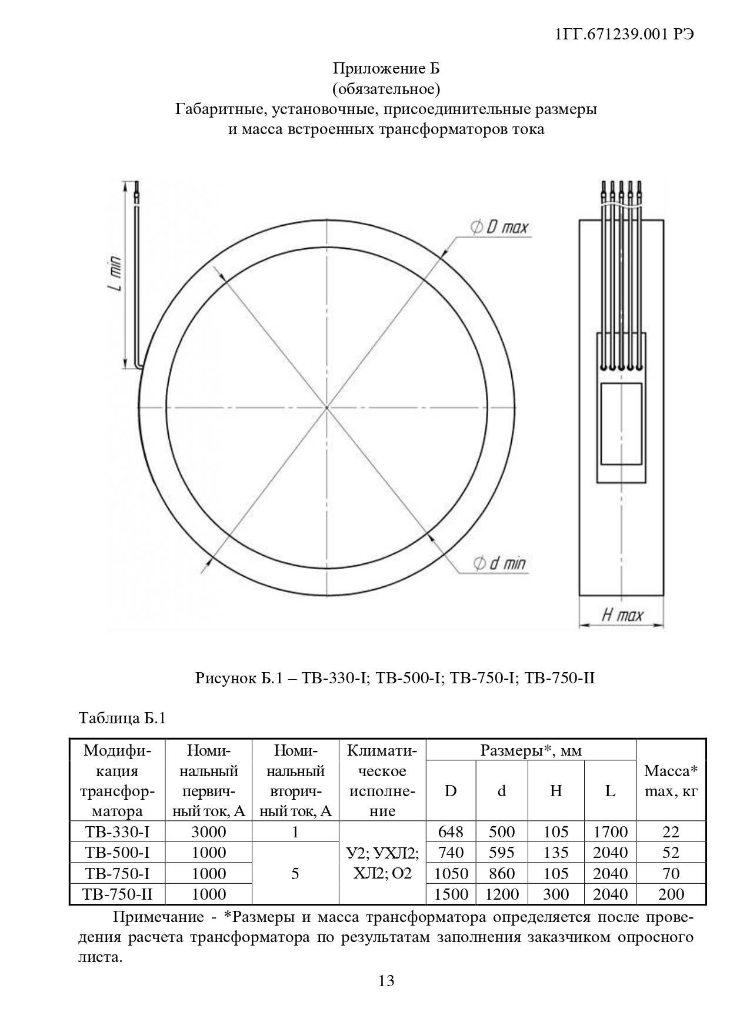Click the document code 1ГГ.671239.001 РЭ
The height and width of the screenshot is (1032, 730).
click(x=624, y=35)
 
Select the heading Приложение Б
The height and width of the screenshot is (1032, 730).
click(x=386, y=69)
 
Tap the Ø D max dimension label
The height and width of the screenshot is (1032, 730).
click(x=500, y=228)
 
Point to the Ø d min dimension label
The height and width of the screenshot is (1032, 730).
click(x=500, y=564)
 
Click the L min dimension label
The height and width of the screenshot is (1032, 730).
click(x=116, y=274)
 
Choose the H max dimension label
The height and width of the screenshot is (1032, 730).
click(x=622, y=616)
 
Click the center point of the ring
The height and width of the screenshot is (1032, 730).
click(x=327, y=407)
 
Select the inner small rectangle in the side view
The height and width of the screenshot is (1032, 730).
click(x=621, y=424)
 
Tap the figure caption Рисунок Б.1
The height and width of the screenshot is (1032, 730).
click(x=395, y=678)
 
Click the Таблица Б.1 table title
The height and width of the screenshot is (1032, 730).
click(x=123, y=719)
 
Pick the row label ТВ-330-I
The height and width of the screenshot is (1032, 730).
click(x=117, y=832)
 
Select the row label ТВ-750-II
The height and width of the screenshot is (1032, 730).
click(x=117, y=894)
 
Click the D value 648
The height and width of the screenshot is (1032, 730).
click(x=451, y=832)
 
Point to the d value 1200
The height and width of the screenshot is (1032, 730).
click(x=502, y=894)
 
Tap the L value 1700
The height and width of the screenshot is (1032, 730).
click(x=610, y=832)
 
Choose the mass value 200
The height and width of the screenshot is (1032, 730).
click(x=671, y=894)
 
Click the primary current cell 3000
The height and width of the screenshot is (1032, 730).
click(x=209, y=832)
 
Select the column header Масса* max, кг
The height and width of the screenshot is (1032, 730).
click(x=671, y=780)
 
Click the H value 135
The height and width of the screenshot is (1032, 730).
click(x=556, y=853)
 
